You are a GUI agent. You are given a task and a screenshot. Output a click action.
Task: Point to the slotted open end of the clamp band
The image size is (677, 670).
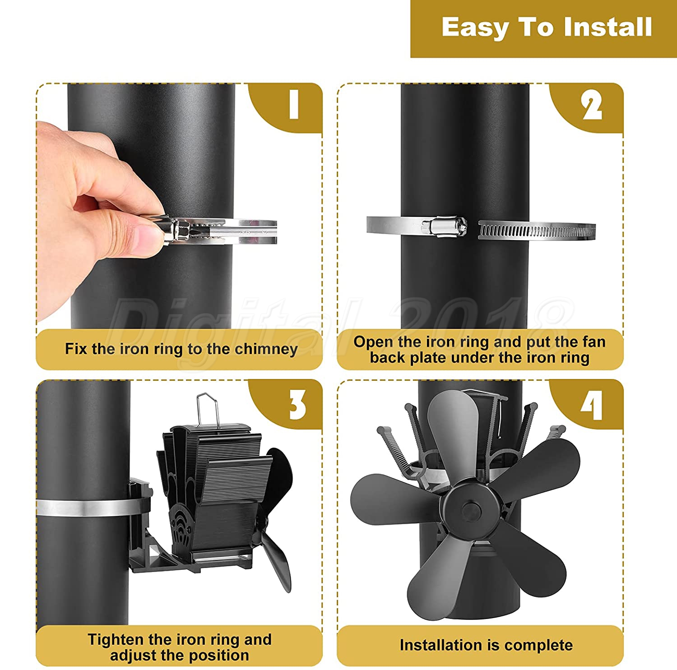tap(537, 231)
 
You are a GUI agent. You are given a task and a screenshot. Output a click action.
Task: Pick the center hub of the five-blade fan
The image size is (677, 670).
tap(472, 508)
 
